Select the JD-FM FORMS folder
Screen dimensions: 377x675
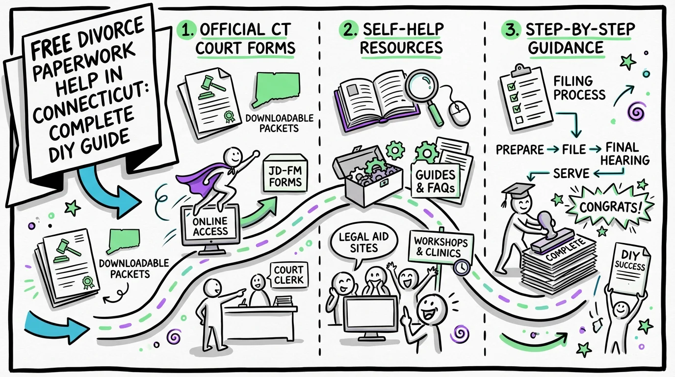[x=285, y=174]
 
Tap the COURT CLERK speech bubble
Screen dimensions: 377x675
[x=289, y=274]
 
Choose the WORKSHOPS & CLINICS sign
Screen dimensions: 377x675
[x=437, y=247]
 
